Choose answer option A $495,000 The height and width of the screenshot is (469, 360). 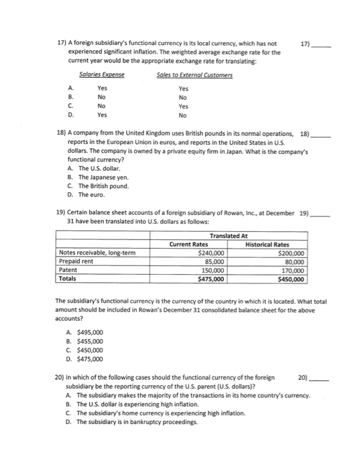86,332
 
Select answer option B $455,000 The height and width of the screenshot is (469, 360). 86,340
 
